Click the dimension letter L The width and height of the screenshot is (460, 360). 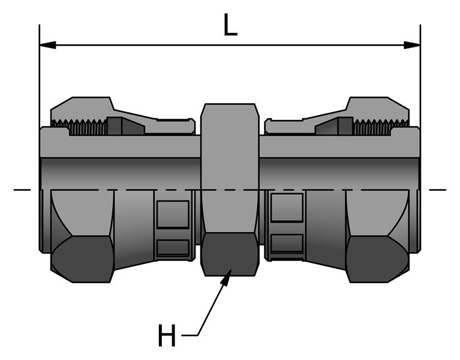pyautogui.click(x=230, y=25)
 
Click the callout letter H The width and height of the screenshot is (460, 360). pyautogui.click(x=167, y=336)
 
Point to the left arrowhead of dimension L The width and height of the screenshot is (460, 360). pyautogui.click(x=47, y=45)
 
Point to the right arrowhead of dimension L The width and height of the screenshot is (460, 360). pyautogui.click(x=412, y=45)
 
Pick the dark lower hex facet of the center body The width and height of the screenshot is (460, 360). pyautogui.click(x=230, y=254)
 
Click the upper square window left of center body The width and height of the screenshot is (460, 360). pyautogui.click(x=173, y=214)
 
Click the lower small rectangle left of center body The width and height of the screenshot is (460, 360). pyautogui.click(x=173, y=246)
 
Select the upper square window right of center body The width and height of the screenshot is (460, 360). pyautogui.click(x=287, y=206)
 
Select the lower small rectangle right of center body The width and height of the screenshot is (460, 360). pyautogui.click(x=287, y=243)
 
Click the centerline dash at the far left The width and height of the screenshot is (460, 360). pyautogui.click(x=22, y=190)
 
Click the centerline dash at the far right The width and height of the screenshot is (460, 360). pyautogui.click(x=437, y=190)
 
